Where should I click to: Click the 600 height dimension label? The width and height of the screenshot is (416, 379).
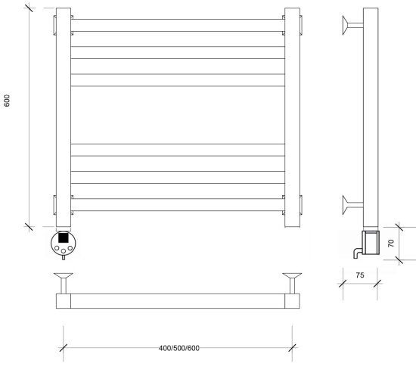7,101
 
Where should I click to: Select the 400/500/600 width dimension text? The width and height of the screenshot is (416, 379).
179,348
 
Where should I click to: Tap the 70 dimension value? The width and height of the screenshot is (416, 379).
391,243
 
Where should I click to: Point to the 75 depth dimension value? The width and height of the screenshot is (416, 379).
360,275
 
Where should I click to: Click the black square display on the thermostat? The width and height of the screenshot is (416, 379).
63,238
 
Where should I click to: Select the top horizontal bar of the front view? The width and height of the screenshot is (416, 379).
178,25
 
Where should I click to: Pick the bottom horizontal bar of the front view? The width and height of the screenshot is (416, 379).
178,204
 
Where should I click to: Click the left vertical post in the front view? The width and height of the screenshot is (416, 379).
64,117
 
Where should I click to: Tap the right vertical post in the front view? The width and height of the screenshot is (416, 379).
292,117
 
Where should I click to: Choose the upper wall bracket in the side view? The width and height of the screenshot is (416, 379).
352,25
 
